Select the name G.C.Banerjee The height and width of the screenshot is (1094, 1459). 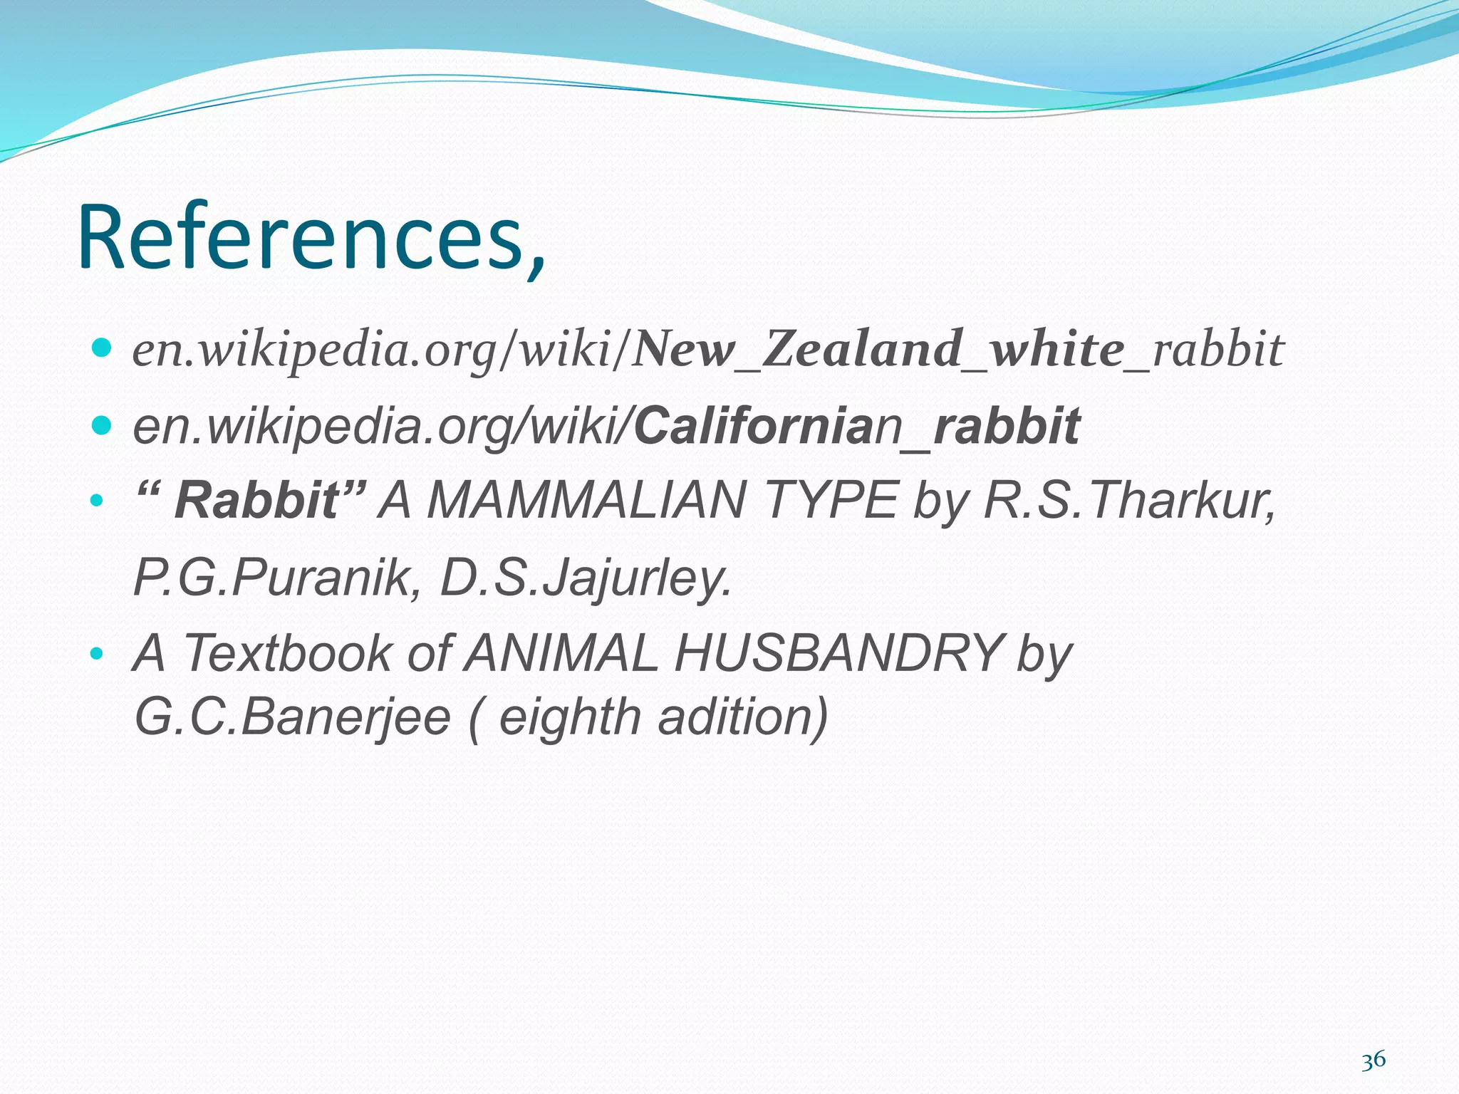[x=292, y=717]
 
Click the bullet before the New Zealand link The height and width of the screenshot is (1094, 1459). [x=103, y=348]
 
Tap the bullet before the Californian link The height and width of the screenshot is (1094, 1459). [x=103, y=425]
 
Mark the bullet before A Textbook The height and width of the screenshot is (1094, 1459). [x=97, y=652]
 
